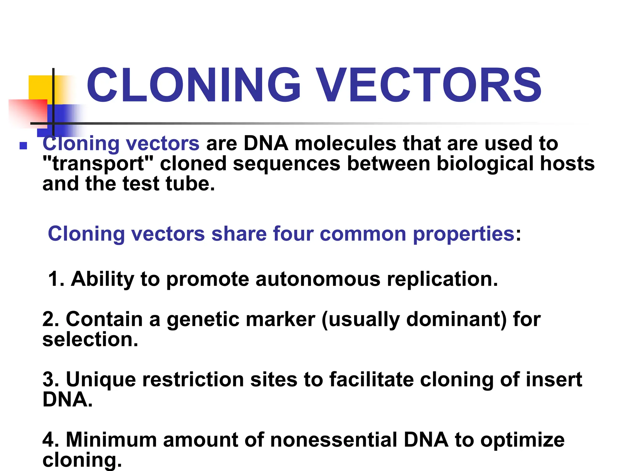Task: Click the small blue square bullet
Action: [23, 145]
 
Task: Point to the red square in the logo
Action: [28, 112]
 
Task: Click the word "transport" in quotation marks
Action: [98, 163]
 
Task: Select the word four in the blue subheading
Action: [293, 234]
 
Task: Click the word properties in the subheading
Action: [463, 234]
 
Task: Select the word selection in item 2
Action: [90, 339]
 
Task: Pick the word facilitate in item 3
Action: [371, 379]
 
